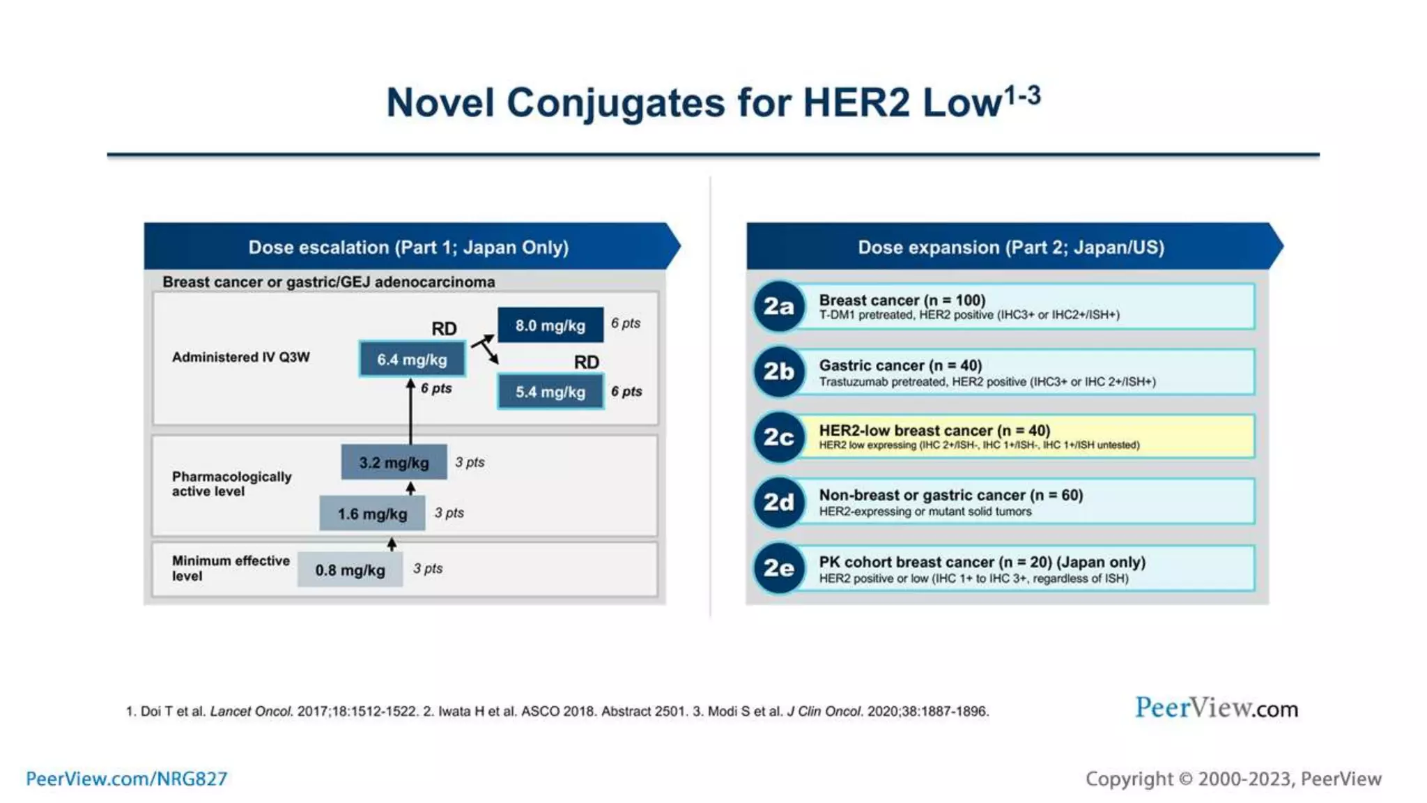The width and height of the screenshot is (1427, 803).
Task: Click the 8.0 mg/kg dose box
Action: click(550, 325)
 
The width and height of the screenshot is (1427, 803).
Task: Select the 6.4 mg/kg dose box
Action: click(412, 359)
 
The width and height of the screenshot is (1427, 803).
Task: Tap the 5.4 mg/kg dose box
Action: click(550, 392)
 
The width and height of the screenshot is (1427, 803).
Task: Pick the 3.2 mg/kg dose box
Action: click(394, 462)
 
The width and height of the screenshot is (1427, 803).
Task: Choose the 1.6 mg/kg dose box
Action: click(372, 514)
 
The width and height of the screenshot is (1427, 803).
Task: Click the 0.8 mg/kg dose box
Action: click(350, 569)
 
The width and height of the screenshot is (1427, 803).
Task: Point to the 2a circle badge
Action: click(778, 306)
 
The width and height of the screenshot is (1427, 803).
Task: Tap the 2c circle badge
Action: click(778, 437)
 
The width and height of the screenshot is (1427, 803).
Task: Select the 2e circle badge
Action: click(778, 568)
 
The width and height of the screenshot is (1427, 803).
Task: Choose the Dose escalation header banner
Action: click(409, 247)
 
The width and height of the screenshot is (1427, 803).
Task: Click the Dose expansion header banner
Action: click(1011, 247)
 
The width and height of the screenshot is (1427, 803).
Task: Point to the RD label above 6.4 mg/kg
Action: click(444, 328)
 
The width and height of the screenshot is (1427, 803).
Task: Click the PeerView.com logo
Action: click(1217, 708)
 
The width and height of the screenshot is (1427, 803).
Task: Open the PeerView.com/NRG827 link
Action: click(127, 779)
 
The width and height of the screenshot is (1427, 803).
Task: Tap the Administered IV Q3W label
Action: click(240, 357)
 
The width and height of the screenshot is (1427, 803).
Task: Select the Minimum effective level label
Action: click(230, 568)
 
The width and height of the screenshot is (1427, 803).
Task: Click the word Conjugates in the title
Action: click(615, 102)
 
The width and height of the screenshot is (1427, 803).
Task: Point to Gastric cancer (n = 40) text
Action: click(900, 365)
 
